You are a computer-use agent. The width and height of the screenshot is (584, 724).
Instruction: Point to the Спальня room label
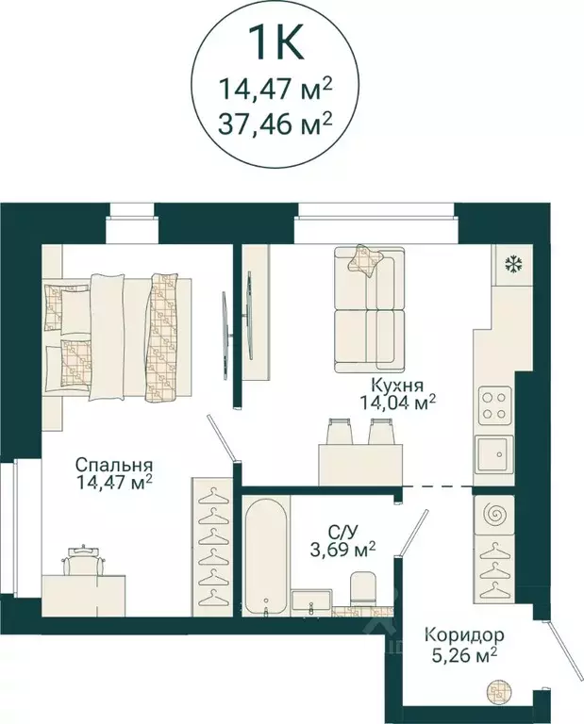click(114, 466)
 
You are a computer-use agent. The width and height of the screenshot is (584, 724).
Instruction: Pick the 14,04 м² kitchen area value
click(396, 403)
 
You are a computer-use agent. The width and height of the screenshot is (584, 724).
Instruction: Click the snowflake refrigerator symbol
click(514, 263)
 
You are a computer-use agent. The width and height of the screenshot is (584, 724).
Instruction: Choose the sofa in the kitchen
click(369, 311)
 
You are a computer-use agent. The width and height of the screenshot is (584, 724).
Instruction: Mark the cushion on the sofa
click(365, 260)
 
